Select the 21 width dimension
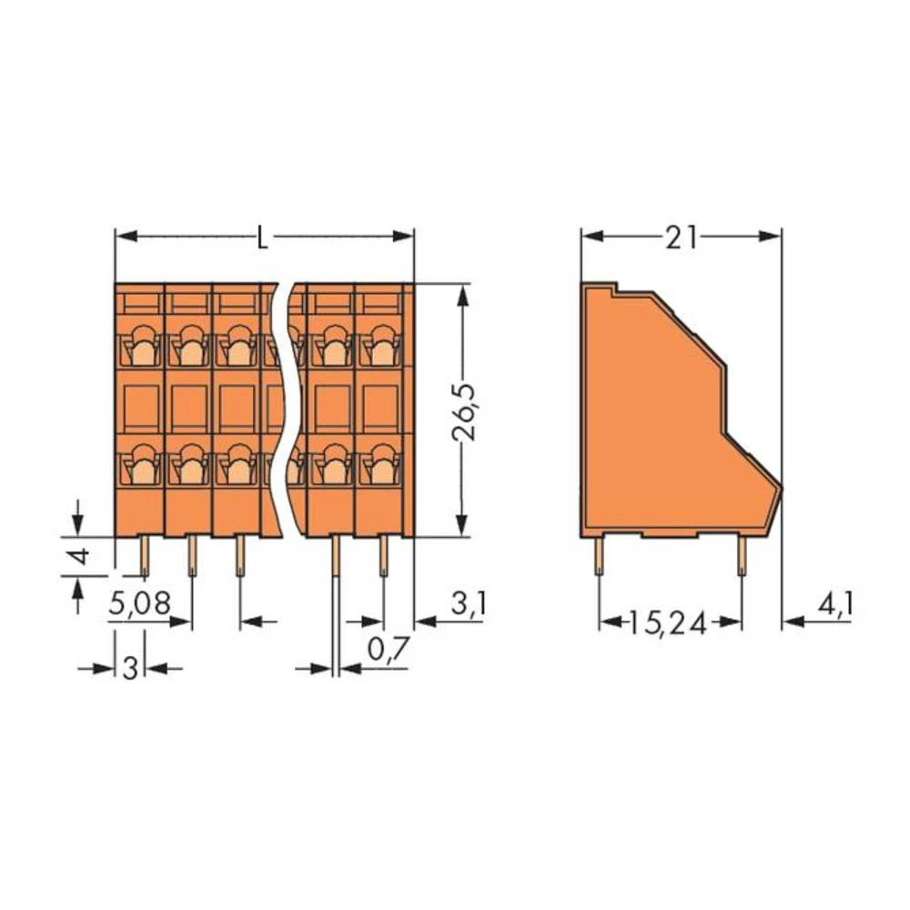click(x=681, y=237)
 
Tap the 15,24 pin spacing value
click(x=671, y=622)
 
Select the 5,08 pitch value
click(x=139, y=603)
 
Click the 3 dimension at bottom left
click(x=129, y=669)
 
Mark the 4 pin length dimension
click(x=80, y=556)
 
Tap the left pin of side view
click(x=600, y=555)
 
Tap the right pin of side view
click(x=742, y=555)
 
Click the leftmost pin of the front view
click(x=144, y=555)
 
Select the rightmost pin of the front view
click(x=383, y=555)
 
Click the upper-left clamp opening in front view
click(x=140, y=346)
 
